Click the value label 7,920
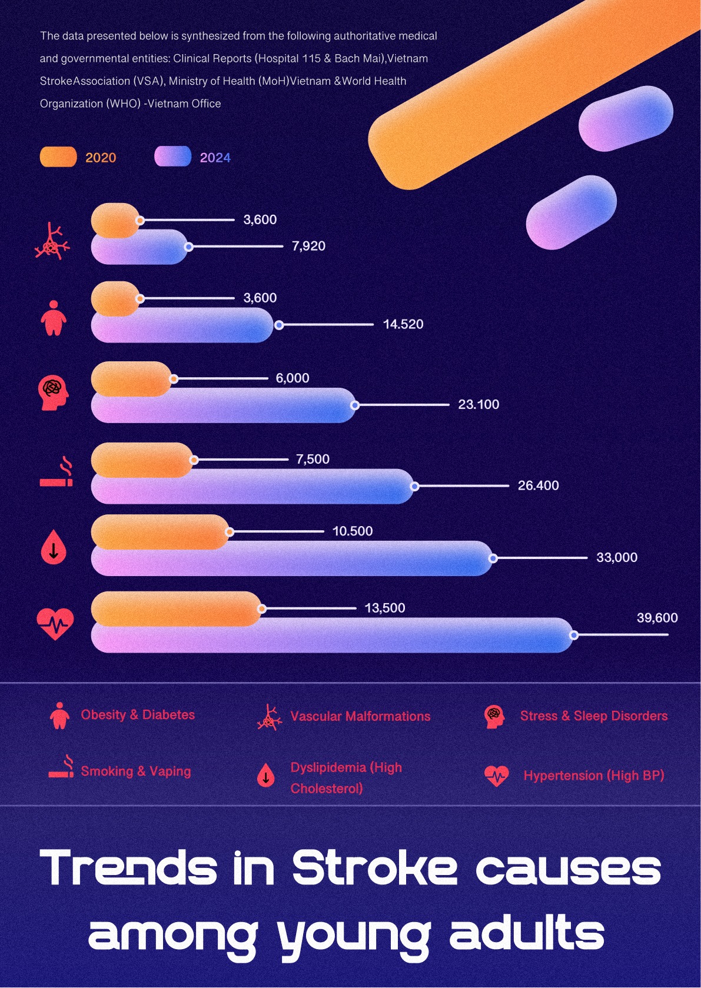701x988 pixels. (308, 246)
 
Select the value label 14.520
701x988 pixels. (403, 324)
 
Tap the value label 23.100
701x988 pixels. (478, 404)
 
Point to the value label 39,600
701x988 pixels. (657, 617)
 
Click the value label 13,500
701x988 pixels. (385, 608)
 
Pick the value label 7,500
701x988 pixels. (313, 459)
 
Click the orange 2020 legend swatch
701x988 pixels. (58, 157)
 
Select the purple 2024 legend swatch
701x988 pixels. (173, 157)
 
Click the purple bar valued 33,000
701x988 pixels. (292, 558)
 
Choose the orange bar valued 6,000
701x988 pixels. (131, 379)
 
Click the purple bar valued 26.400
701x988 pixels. (253, 486)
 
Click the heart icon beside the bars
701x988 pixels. (55, 624)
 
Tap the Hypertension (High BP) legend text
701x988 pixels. (594, 775)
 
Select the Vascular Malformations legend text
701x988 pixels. (360, 716)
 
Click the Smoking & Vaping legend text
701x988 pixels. (136, 771)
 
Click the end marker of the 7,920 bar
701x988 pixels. (189, 247)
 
